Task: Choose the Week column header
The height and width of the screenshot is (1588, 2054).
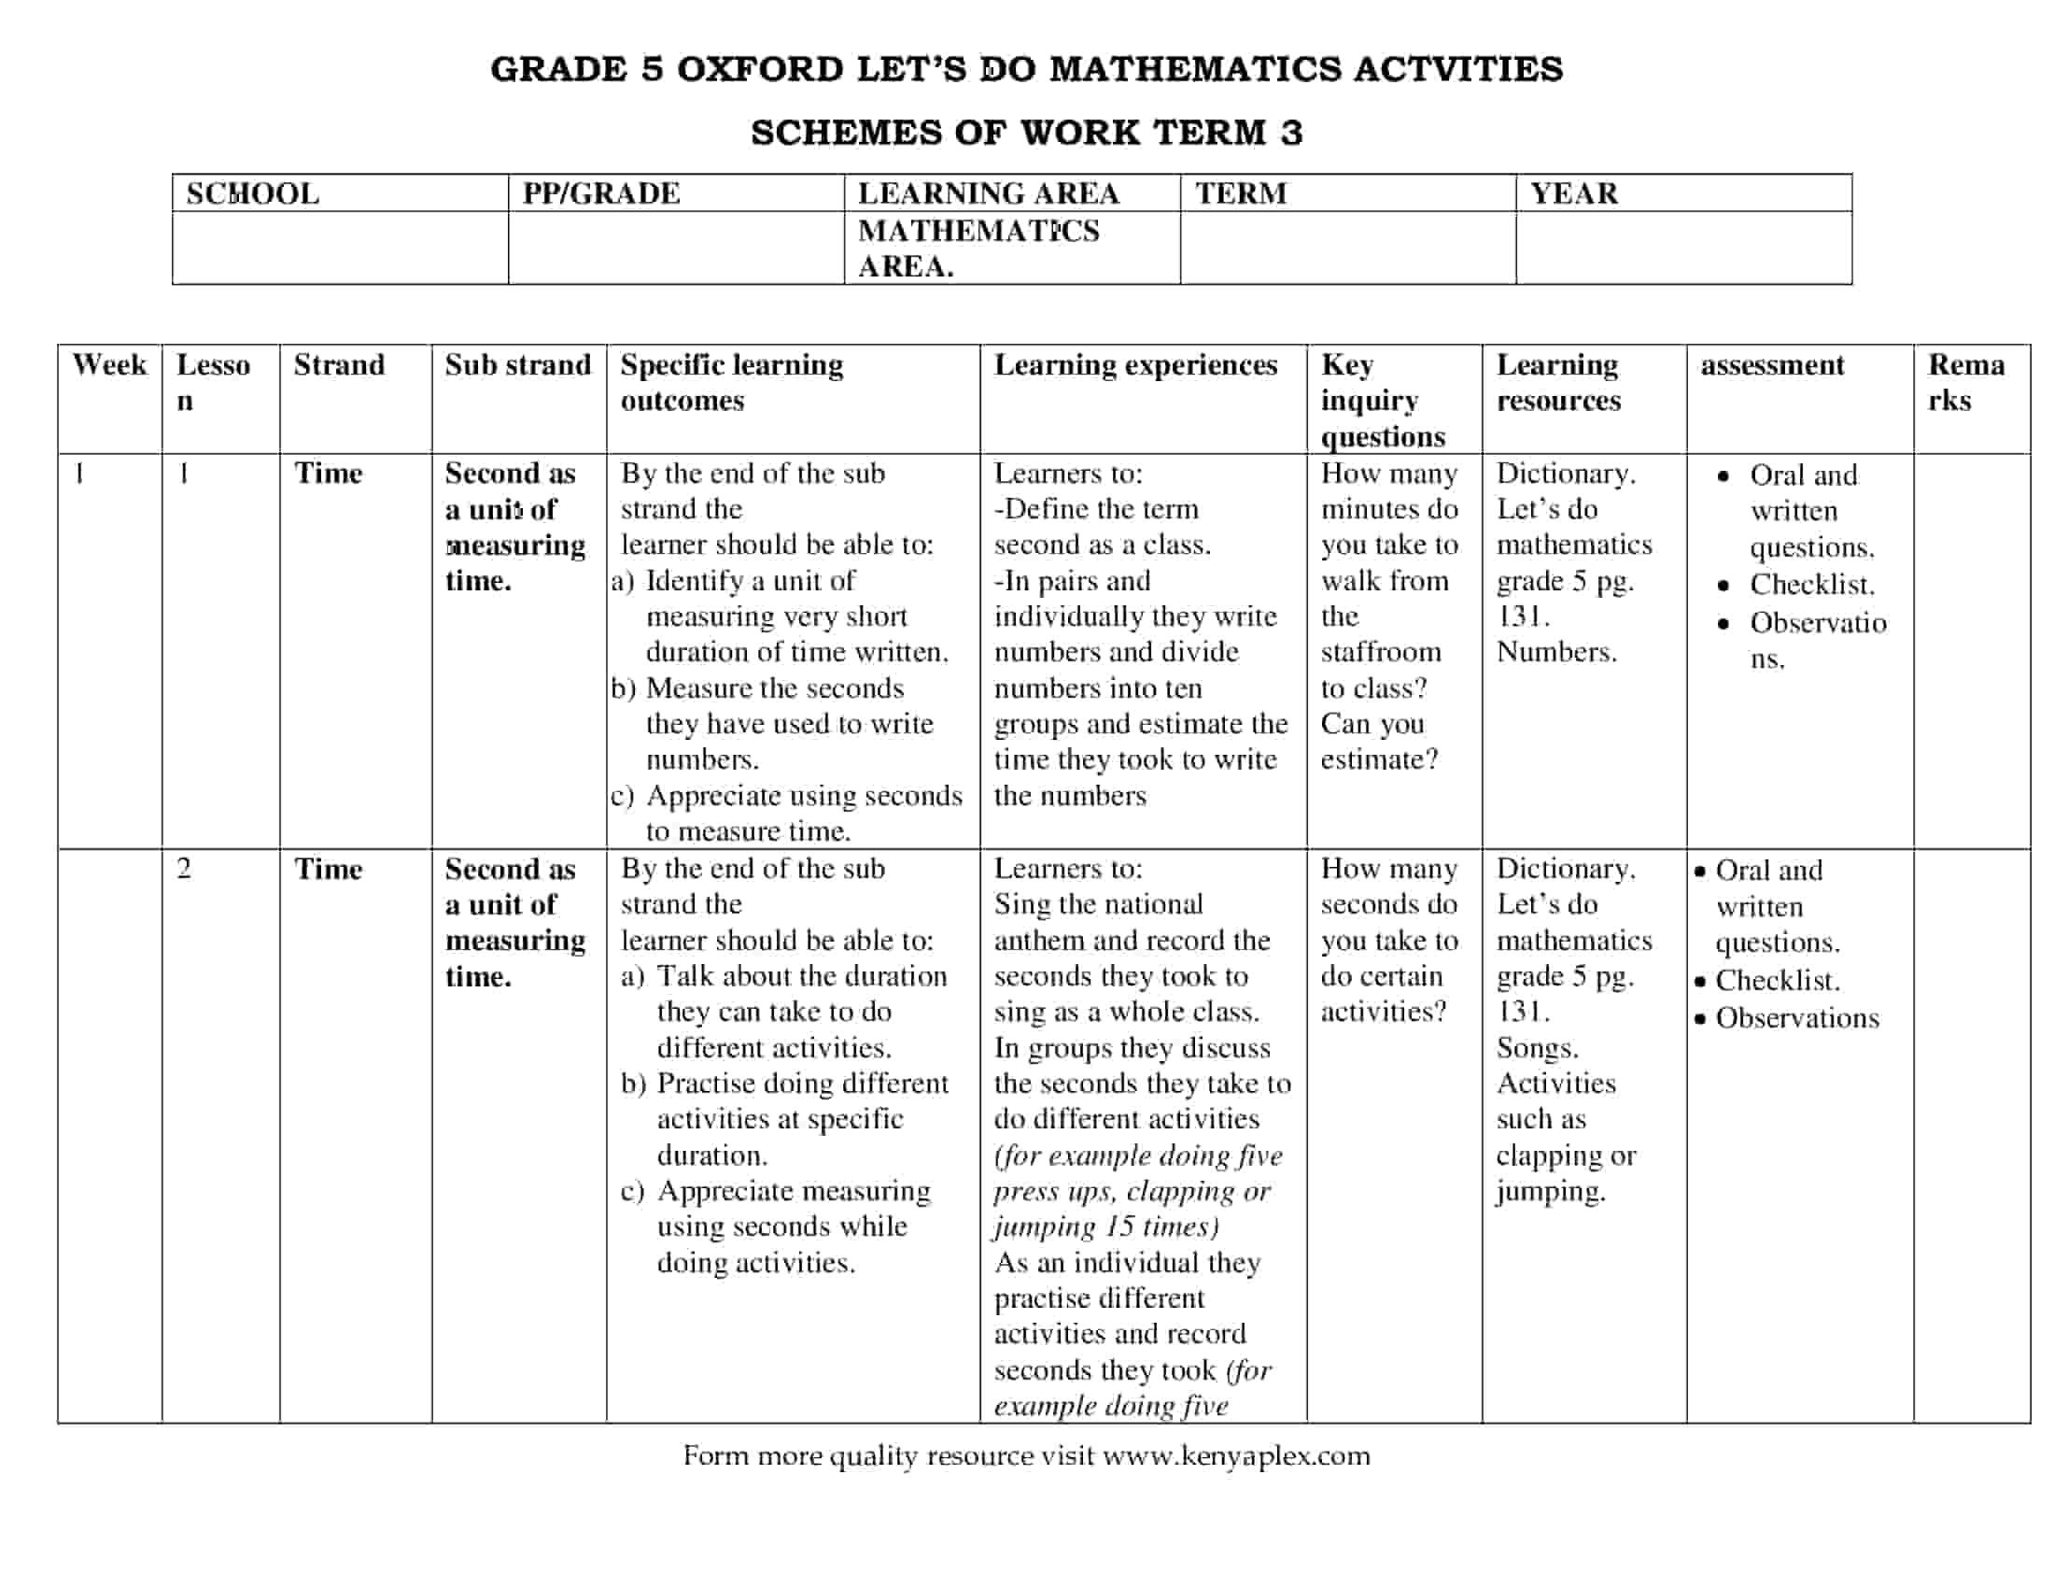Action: [109, 365]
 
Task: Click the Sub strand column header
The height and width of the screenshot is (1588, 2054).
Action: [517, 365]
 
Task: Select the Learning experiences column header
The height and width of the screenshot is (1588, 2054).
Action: [1135, 365]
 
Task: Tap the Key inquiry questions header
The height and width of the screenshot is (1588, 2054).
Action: [1383, 401]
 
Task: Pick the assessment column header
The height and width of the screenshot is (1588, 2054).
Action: [1772, 365]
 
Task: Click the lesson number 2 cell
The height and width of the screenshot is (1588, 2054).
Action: [183, 869]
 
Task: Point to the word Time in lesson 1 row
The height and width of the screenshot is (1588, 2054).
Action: [328, 474]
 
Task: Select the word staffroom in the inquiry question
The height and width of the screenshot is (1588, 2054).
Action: [1380, 652]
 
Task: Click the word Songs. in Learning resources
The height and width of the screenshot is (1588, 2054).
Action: [1537, 1048]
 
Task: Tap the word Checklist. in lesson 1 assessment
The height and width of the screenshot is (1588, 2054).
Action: [1811, 585]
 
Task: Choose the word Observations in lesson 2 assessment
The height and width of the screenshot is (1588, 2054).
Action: [1796, 1018]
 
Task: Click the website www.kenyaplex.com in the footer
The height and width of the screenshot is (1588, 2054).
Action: [1236, 1455]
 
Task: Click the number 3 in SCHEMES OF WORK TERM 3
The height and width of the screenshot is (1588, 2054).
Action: [1291, 133]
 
